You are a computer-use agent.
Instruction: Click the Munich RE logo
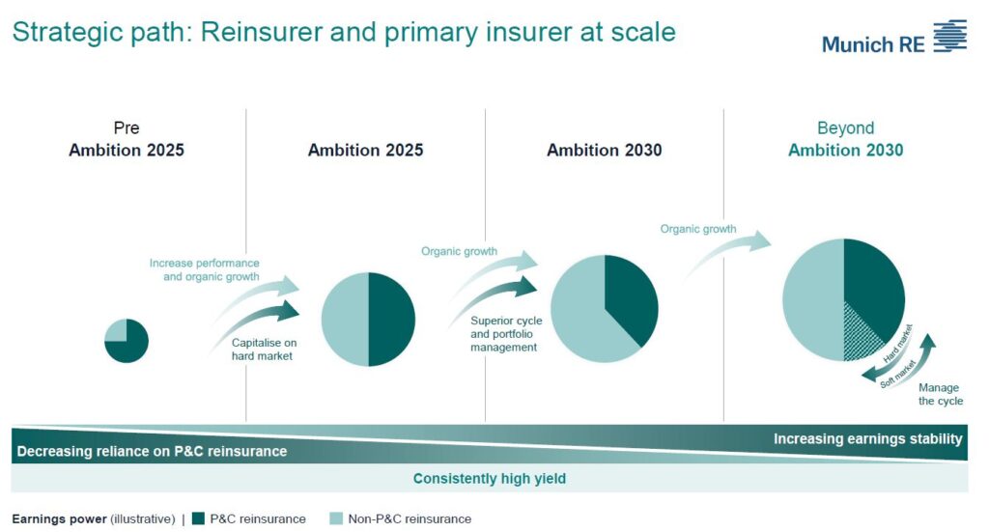click(x=893, y=37)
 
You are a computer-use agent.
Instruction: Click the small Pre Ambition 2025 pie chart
click(x=127, y=341)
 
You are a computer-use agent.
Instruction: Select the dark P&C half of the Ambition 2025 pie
click(x=392, y=319)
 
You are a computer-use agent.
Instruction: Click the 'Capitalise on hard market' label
click(x=264, y=350)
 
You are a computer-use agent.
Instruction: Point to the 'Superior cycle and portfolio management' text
click(x=506, y=334)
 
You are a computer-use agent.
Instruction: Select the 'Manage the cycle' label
click(x=941, y=394)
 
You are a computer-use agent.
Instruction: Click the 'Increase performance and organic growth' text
click(x=205, y=269)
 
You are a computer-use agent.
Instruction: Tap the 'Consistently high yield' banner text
click(x=490, y=479)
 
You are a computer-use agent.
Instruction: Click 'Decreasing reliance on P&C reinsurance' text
click(x=152, y=451)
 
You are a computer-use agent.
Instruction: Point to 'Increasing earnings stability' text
click(x=868, y=438)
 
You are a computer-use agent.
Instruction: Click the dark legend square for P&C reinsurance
click(x=199, y=518)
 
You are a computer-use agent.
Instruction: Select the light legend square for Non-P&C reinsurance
click(x=336, y=518)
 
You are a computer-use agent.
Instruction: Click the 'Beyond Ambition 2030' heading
click(x=845, y=139)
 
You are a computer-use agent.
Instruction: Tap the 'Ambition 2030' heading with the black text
click(x=605, y=150)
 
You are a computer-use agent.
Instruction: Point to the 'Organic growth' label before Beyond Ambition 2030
click(x=698, y=229)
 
